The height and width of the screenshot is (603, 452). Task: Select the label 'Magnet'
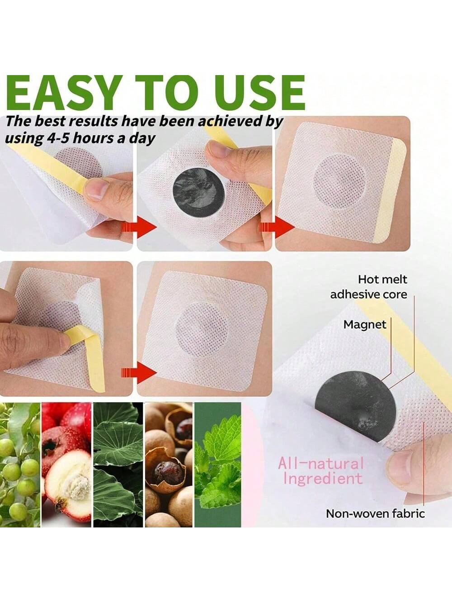pyautogui.click(x=365, y=324)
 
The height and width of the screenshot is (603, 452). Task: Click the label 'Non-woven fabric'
pyautogui.click(x=375, y=513)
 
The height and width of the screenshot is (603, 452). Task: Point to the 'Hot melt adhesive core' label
pyautogui.click(x=369, y=287)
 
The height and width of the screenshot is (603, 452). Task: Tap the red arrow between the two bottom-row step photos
pyautogui.click(x=139, y=373)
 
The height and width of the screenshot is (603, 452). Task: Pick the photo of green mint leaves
pyautogui.click(x=217, y=465)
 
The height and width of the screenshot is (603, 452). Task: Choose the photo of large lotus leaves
pyautogui.click(x=118, y=465)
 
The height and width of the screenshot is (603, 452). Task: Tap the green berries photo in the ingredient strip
pyautogui.click(x=20, y=465)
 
